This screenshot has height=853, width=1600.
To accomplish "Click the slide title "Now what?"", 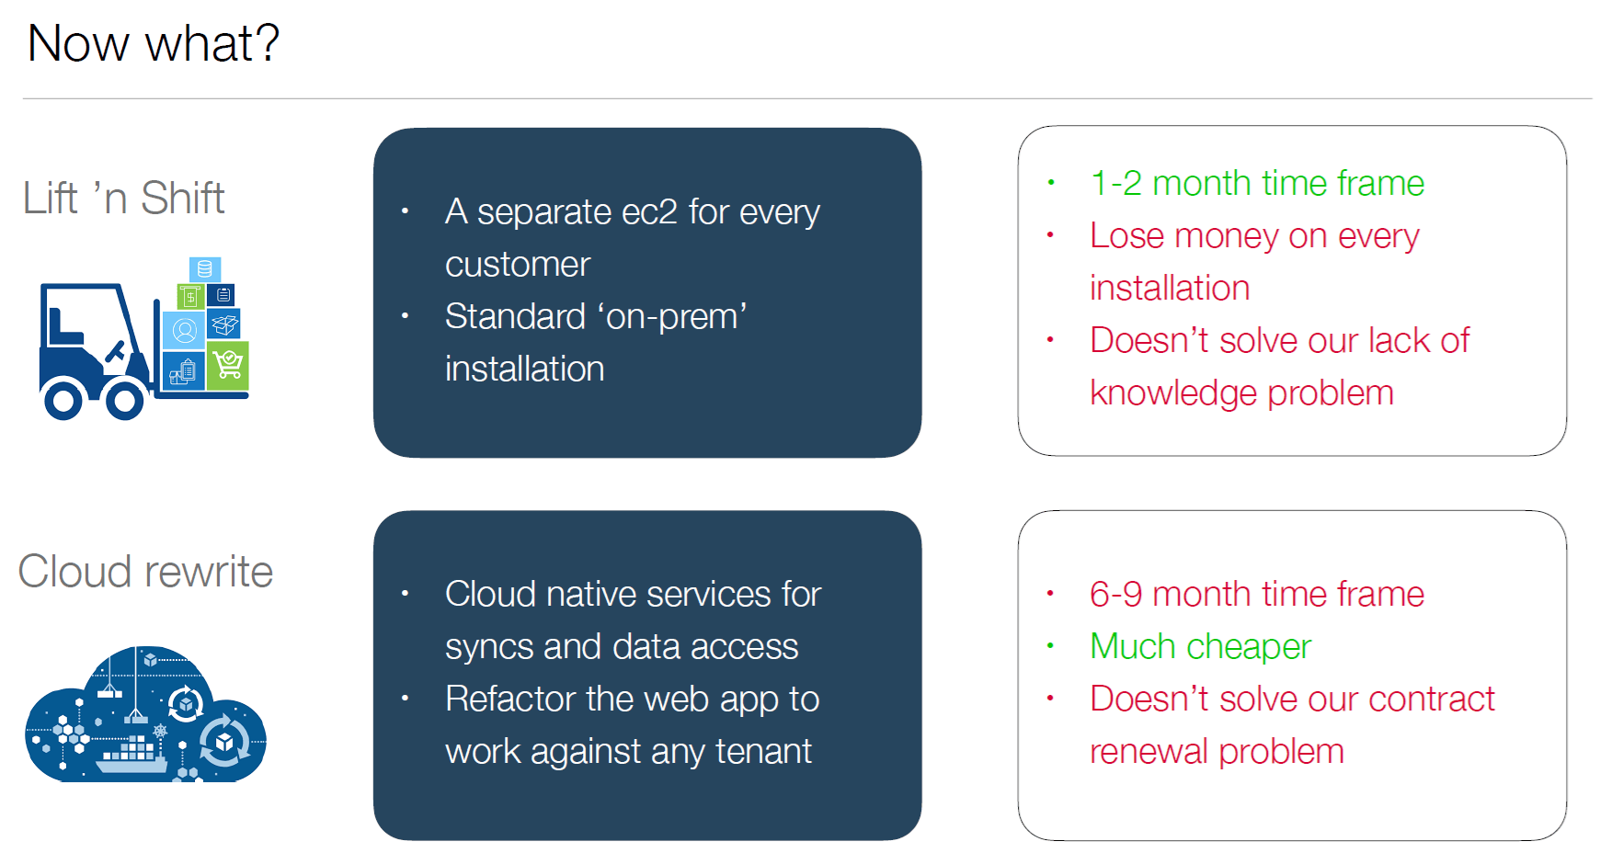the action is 154,43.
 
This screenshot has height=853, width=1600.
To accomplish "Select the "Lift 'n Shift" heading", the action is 124,198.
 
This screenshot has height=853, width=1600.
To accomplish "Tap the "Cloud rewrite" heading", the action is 145,572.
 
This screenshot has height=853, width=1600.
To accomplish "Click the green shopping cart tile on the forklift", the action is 228,365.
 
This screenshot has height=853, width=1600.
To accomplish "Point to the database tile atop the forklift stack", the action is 205,268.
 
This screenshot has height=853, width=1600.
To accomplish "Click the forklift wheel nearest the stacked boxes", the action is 124,400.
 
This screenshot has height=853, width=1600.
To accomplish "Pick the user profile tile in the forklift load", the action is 184,330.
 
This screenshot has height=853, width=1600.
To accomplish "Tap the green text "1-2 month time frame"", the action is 1257,183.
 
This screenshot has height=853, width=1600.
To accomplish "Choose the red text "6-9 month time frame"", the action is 1257,594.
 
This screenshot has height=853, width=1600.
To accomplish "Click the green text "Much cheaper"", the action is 1200,647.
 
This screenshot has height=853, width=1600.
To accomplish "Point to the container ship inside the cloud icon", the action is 132,753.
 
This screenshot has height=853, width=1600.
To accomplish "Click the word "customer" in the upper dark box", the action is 518,265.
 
